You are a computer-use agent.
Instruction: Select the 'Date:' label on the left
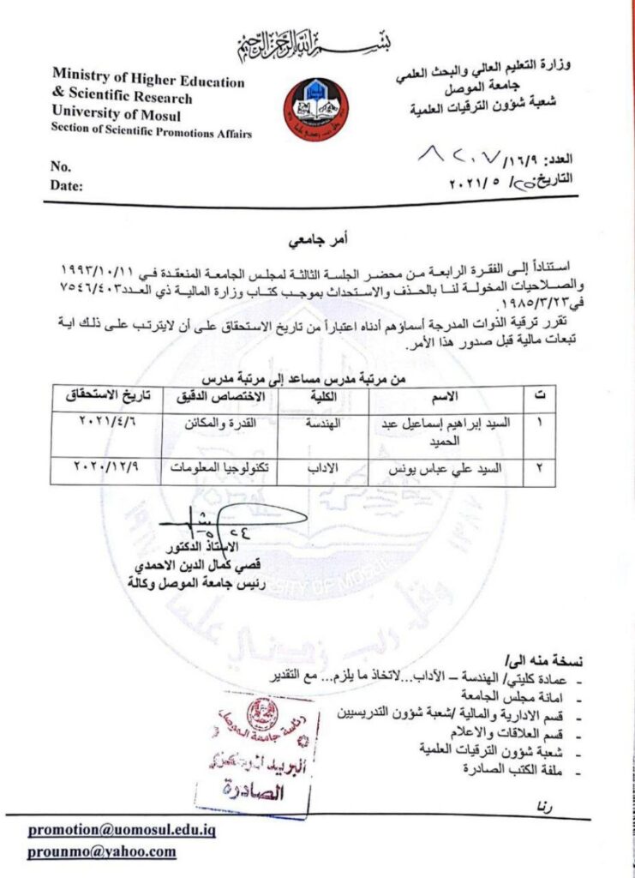[x=66, y=184]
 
